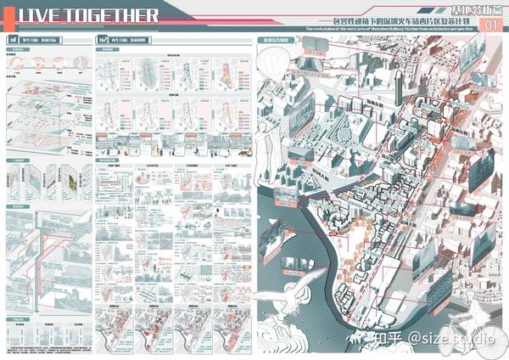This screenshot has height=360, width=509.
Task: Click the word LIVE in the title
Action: click(42, 16)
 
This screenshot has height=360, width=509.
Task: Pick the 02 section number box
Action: click(103, 40)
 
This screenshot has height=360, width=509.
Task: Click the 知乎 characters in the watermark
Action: click(374, 337)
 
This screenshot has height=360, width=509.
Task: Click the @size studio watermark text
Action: click(450, 337)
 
